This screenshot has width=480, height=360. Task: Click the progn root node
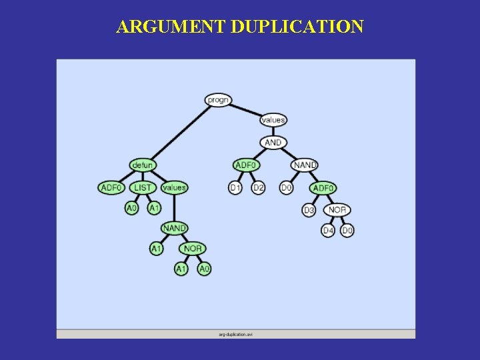point(218,100)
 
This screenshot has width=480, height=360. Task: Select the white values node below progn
point(273,120)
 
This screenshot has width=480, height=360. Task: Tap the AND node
point(273,143)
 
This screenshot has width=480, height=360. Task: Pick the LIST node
point(143,187)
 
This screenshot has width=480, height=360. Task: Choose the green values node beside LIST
point(174,187)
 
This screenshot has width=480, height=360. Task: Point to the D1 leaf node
point(235,188)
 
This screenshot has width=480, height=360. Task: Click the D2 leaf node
point(258,188)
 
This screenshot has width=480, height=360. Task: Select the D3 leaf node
point(309,210)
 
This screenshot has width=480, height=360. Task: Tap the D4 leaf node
point(328,231)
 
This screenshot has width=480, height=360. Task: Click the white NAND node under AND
point(305,165)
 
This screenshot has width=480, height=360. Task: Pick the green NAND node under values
point(175,228)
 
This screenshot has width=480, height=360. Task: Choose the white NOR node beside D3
point(337,210)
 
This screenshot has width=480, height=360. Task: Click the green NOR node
point(193,249)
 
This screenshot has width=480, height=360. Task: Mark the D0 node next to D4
point(347,231)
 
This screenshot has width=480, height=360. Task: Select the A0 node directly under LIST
point(132,208)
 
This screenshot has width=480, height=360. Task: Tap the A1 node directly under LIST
point(154,208)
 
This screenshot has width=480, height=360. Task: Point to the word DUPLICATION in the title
point(297,27)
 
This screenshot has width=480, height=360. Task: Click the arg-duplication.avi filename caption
point(235,333)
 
